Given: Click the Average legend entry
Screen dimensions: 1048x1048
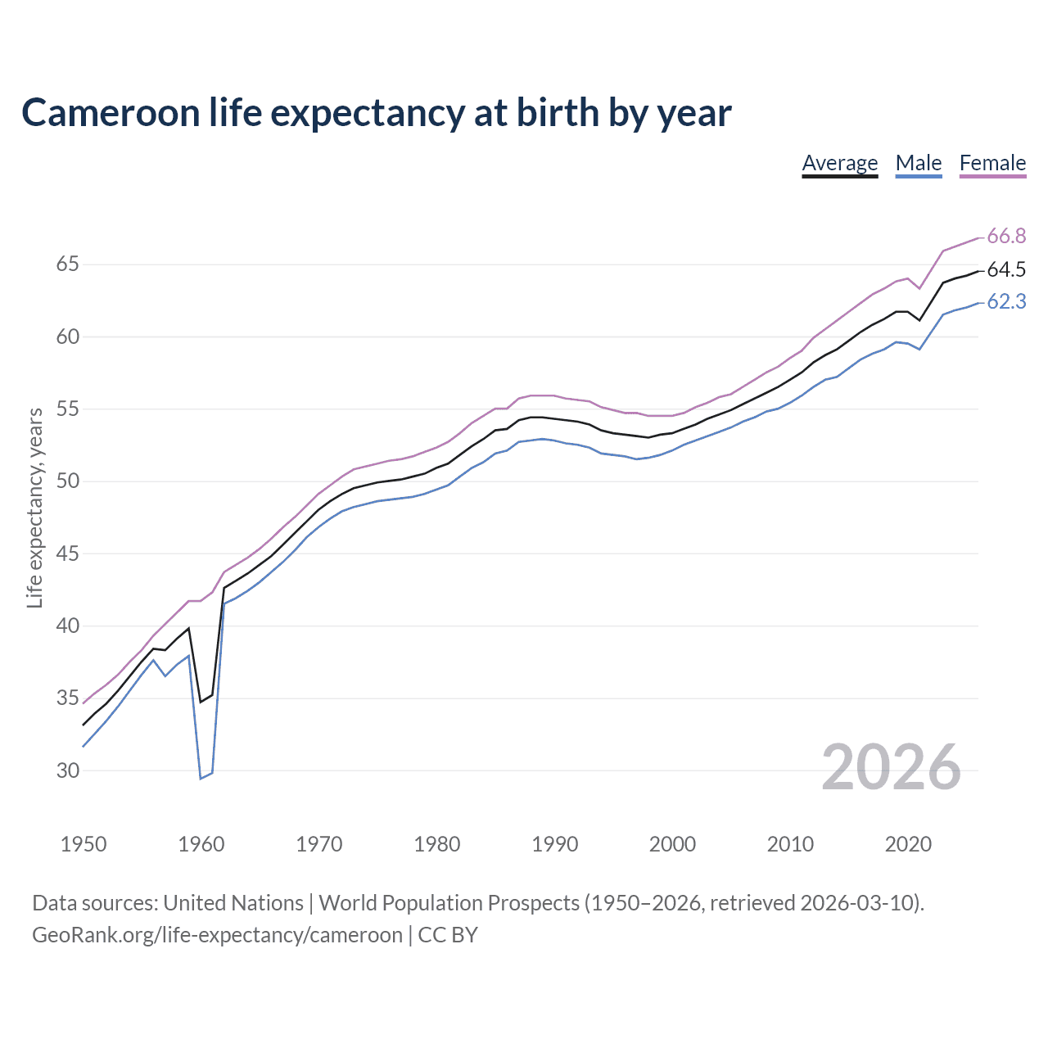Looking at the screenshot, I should [839, 163].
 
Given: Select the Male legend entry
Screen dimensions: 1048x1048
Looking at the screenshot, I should [918, 163].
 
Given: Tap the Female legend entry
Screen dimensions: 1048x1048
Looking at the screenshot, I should [992, 163].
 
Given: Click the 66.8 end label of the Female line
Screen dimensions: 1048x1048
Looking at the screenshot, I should [1006, 237].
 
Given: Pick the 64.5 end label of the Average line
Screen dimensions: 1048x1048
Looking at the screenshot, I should [1006, 269].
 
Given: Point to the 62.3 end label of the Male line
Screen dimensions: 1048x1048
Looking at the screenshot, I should [1006, 302].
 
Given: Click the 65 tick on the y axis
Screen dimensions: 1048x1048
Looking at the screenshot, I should [67, 264].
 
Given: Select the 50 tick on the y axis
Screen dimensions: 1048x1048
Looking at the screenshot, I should [67, 481].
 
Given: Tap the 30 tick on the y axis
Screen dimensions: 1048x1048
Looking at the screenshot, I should [67, 770].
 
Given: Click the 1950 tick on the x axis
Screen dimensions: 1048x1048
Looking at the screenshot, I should [84, 844].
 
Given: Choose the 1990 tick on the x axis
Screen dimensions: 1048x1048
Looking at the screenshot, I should [554, 844].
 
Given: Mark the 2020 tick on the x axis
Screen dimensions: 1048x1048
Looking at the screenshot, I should [908, 844].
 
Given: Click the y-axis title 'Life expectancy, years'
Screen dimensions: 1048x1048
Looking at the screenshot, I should [34, 508].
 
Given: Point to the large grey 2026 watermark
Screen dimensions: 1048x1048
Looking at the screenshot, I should [891, 767].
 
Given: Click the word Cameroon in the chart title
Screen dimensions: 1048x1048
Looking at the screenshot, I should [111, 113].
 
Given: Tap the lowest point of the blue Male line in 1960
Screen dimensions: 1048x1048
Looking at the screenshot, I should [201, 778].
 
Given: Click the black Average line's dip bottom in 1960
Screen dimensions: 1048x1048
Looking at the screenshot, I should [201, 702].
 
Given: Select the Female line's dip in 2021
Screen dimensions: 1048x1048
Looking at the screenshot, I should [919, 288].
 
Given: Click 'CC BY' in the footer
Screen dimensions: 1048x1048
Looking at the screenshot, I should [448, 935].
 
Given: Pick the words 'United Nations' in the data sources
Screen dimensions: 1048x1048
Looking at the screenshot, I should [233, 903].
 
